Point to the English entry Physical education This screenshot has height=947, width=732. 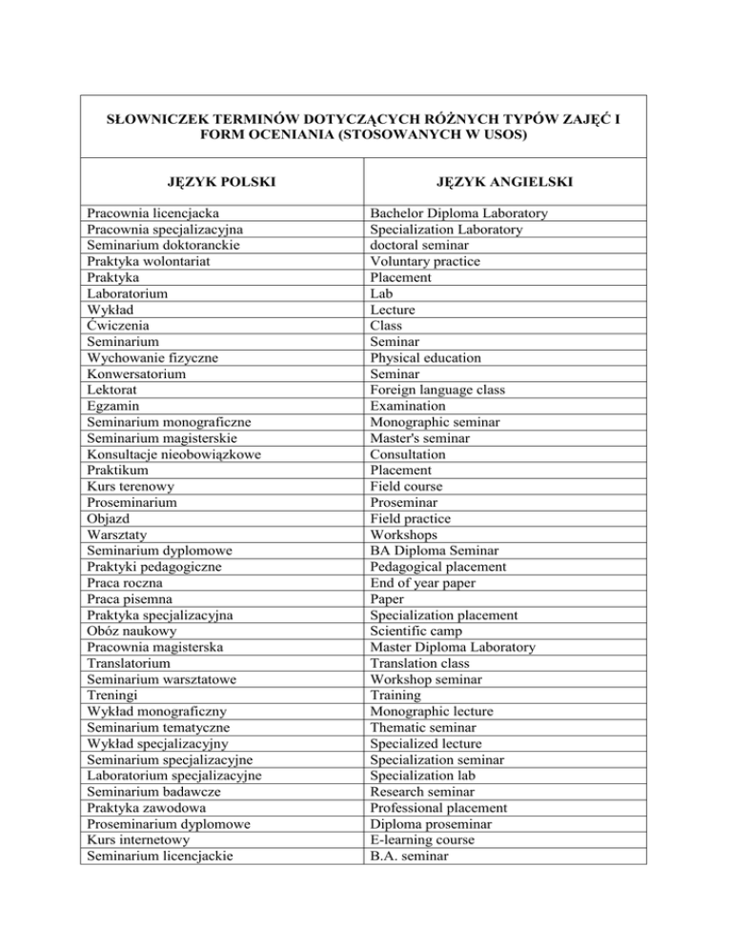(x=426, y=357)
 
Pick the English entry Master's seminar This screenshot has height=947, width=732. (x=423, y=438)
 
